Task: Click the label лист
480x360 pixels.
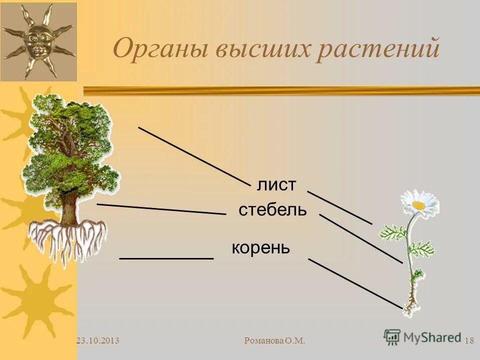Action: click(276, 185)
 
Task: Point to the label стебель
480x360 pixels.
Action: click(272, 210)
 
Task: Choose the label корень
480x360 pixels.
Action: click(260, 247)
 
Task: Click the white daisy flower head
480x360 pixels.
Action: click(419, 203)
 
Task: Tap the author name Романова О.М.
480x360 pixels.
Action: click(275, 341)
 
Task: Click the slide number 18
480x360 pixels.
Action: click(469, 341)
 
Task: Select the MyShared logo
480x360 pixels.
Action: click(422, 336)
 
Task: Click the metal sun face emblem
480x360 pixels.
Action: click(38, 41)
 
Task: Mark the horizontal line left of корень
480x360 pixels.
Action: click(166, 258)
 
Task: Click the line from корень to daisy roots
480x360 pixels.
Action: click(355, 282)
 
